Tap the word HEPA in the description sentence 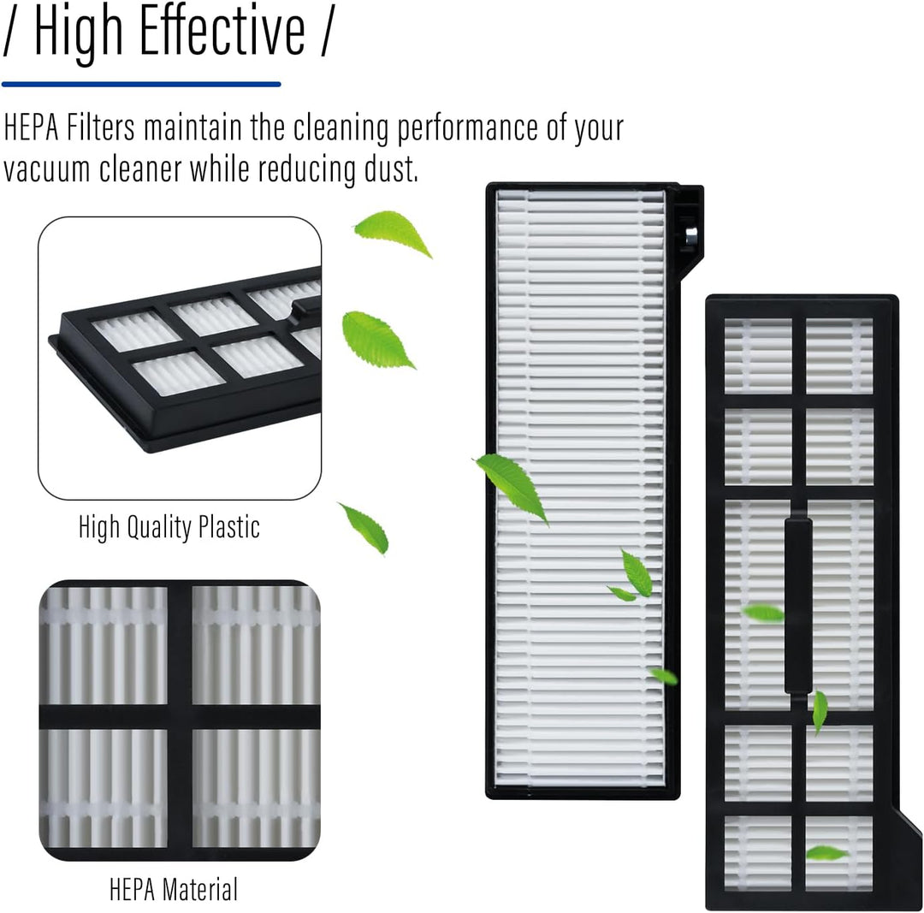(31, 127)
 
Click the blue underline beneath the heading (141, 85)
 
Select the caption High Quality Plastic (169, 528)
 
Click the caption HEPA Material (174, 889)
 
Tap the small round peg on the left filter (690, 234)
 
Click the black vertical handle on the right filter (798, 606)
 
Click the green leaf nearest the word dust (393, 233)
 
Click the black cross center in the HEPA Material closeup (180, 717)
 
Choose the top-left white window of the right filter (758, 356)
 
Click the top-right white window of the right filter (839, 356)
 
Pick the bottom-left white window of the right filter (758, 852)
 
